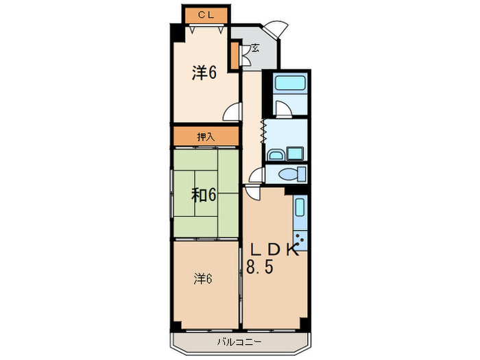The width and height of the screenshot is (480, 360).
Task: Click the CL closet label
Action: click(206, 14)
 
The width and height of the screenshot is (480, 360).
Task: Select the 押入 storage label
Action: click(206, 136)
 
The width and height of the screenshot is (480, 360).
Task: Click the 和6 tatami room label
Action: click(204, 195)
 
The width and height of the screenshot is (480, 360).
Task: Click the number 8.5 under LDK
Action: click(261, 267)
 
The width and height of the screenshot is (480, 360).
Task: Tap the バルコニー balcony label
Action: click(239, 341)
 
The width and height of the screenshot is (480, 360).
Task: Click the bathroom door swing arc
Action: click(282, 108)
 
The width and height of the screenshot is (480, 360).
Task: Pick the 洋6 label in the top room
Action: click(204, 73)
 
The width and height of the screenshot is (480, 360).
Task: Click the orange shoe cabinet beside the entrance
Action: click(235, 56)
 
